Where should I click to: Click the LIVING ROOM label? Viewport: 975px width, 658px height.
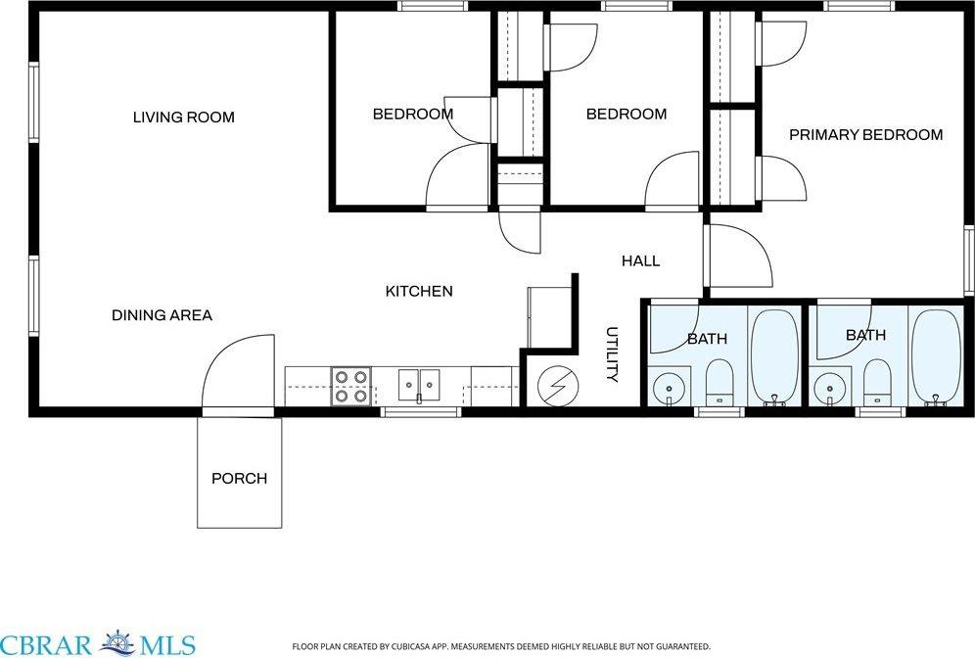click(x=184, y=117)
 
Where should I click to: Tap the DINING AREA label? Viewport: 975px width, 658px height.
click(x=162, y=315)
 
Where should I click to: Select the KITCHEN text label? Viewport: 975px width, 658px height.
click(x=418, y=291)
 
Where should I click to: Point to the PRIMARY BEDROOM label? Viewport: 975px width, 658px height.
click(x=865, y=135)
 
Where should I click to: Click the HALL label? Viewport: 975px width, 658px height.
click(x=640, y=261)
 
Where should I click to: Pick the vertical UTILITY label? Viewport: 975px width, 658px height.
click(x=612, y=354)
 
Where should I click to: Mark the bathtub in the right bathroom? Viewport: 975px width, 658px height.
click(x=935, y=356)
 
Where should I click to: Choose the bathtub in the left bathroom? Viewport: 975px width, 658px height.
click(x=774, y=356)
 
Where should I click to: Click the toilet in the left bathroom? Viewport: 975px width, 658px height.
click(x=720, y=382)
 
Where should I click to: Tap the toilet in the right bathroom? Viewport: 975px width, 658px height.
click(x=878, y=382)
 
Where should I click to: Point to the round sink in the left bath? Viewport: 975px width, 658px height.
click(x=669, y=389)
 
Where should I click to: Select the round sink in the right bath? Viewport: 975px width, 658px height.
click(x=829, y=389)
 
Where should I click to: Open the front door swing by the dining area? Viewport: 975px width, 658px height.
click(x=239, y=372)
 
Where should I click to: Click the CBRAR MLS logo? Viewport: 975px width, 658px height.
click(x=98, y=643)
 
